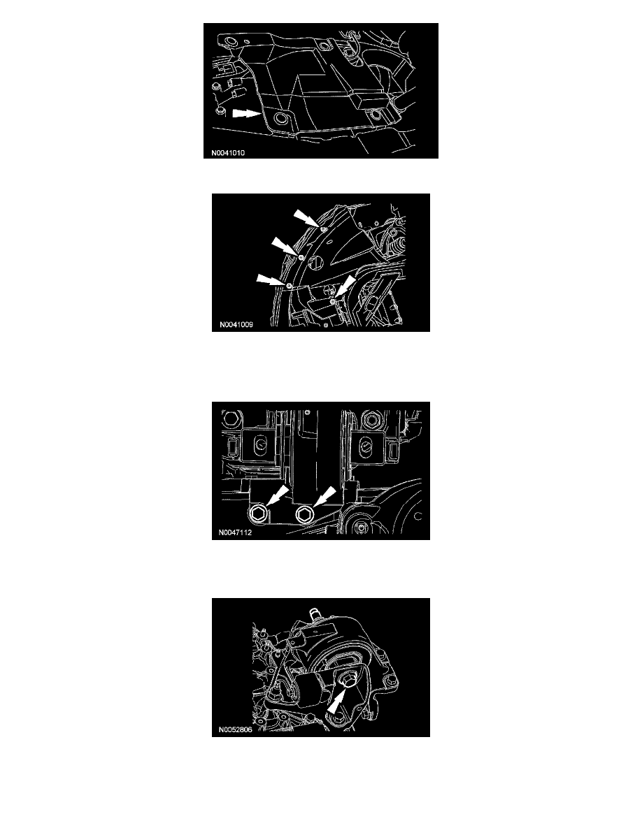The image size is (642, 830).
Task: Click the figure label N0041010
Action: click(x=228, y=153)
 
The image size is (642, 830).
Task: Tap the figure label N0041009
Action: click(x=236, y=324)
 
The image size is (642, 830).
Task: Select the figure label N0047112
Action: click(x=235, y=532)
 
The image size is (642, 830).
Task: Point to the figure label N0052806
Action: click(x=235, y=729)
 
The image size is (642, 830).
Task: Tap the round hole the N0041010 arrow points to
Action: click(x=280, y=119)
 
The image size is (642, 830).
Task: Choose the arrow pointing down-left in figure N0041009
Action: click(x=345, y=287)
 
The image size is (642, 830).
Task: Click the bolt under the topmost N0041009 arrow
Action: click(x=322, y=228)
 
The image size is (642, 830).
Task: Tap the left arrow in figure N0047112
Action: click(x=277, y=497)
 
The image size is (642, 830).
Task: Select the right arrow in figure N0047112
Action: click(x=324, y=497)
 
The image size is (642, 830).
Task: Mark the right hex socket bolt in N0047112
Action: click(x=305, y=514)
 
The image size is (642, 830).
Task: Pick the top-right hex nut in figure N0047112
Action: click(x=369, y=419)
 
